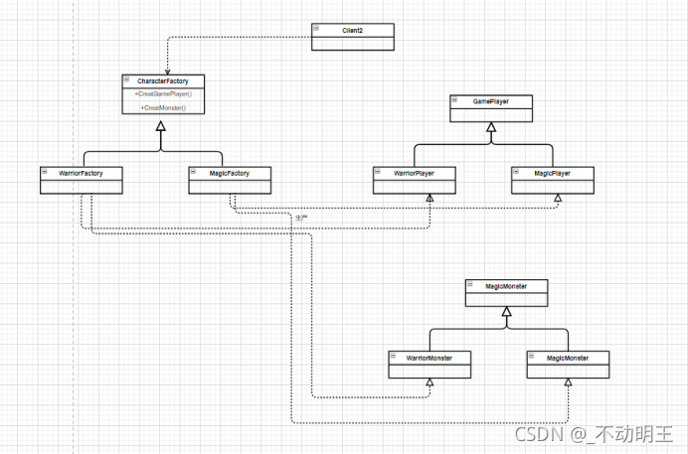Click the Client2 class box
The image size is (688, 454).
[352, 36]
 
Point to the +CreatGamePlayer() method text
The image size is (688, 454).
[163, 93]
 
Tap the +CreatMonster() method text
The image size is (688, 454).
[163, 106]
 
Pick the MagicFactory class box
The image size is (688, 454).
[231, 179]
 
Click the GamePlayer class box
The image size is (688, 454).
[490, 107]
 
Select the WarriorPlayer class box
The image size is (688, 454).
[415, 179]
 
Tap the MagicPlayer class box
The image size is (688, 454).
[554, 179]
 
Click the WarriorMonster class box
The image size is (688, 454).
[429, 363]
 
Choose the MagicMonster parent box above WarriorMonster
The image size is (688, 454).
[506, 291]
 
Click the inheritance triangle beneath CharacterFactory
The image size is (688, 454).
[162, 145]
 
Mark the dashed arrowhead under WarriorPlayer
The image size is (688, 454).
[430, 198]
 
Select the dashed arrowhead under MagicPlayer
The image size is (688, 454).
[557, 198]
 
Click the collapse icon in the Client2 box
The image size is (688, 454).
[315, 29]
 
